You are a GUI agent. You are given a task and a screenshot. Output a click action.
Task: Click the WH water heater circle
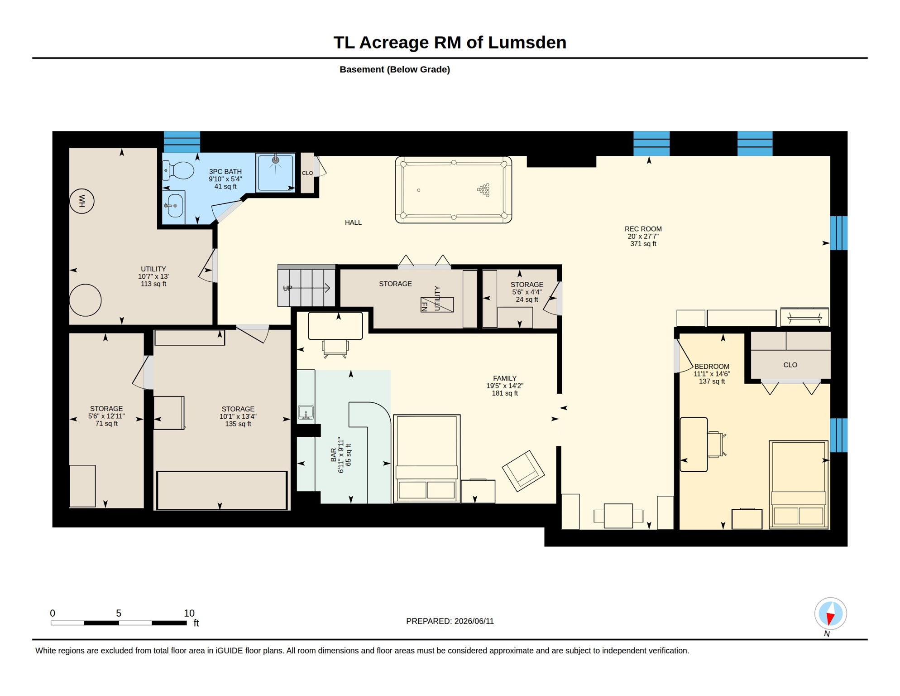(82, 201)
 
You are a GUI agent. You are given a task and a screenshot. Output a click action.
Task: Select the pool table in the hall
(454, 189)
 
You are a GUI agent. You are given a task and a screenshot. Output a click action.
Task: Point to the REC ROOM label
(643, 229)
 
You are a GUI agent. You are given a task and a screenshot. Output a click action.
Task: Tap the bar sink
(306, 412)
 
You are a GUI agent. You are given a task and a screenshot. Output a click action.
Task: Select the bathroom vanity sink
(174, 206)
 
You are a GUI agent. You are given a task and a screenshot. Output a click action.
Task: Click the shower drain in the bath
(275, 160)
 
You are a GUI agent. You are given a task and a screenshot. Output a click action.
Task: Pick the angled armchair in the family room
(523, 471)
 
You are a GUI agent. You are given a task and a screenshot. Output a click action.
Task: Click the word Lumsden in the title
(527, 43)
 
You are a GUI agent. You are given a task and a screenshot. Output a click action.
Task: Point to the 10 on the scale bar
(189, 613)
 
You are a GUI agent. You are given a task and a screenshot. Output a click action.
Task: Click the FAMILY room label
(505, 378)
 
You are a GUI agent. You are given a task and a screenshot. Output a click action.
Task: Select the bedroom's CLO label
(790, 365)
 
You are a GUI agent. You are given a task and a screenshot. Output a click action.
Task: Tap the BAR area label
(334, 455)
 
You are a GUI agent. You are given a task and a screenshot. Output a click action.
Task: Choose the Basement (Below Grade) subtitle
(395, 69)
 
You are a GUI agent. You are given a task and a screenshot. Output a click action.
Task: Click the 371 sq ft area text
(643, 244)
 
